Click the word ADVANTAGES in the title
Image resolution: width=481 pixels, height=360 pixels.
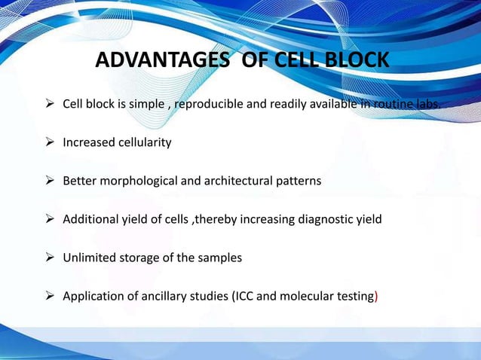pyautogui.click(x=161, y=59)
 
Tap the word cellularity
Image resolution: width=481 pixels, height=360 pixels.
pyautogui.click(x=142, y=142)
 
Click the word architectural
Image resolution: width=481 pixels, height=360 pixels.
pyautogui.click(x=228, y=182)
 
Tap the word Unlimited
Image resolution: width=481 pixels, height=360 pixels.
pyautogui.click(x=89, y=258)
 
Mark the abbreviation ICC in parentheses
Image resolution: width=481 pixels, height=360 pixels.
pyautogui.click(x=240, y=297)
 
